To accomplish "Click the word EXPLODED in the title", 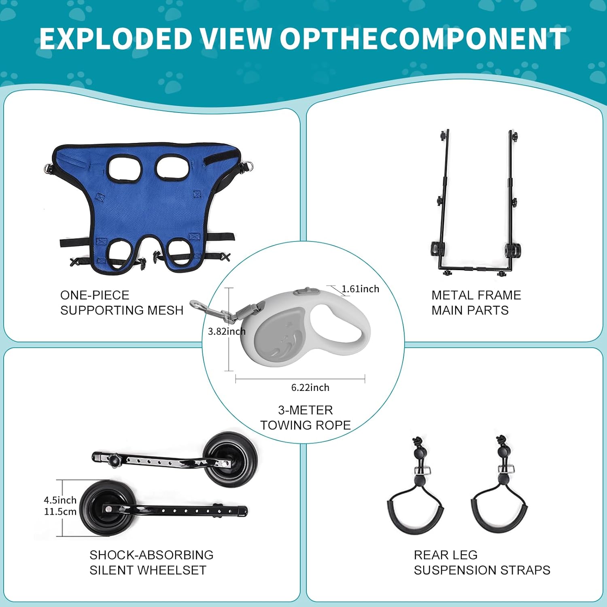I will click(x=115, y=39).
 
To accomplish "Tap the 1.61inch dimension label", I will click(x=360, y=289).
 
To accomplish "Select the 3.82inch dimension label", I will click(x=227, y=331).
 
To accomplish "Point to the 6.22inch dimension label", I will click(x=310, y=388).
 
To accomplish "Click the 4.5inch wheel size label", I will click(x=60, y=500).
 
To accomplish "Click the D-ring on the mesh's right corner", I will click(x=246, y=166).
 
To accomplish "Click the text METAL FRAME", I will click(x=476, y=295).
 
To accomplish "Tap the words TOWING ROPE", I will click(x=306, y=425).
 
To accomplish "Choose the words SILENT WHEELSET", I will click(x=148, y=570).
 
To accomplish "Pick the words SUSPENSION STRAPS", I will click(x=482, y=570).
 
